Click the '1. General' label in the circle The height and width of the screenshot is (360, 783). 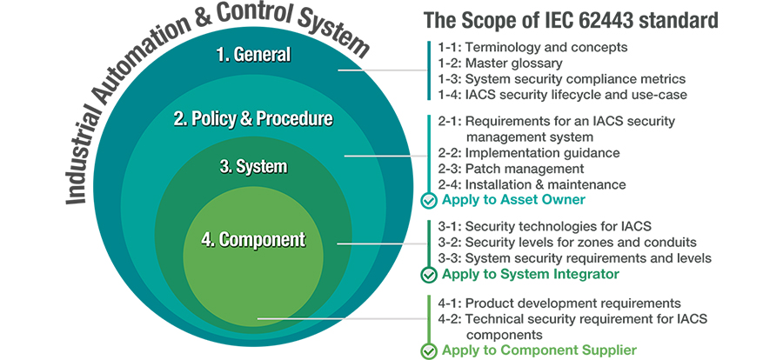coord(253,55)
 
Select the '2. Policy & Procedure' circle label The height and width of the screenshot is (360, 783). coord(253,119)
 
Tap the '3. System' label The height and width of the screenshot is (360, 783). coord(253,166)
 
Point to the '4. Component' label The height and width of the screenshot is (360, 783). coord(253,240)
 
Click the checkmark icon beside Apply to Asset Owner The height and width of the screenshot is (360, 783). coord(429,201)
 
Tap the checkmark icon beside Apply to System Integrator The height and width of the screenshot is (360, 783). coord(429,275)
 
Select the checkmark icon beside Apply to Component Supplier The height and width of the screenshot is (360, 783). coord(429,350)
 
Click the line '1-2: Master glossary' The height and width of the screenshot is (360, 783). coord(500,63)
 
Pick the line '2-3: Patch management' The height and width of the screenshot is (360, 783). coord(511,169)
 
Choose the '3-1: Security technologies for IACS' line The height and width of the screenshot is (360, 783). coord(545,226)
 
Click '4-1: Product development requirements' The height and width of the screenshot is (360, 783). coord(559,303)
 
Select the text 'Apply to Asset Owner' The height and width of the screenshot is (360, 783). coord(513,200)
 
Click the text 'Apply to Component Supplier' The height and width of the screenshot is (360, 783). coord(539,350)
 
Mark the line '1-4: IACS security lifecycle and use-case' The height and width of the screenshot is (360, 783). coord(563,95)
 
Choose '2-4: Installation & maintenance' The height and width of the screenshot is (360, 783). coord(532,184)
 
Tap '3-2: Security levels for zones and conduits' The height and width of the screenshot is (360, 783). coord(567,242)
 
